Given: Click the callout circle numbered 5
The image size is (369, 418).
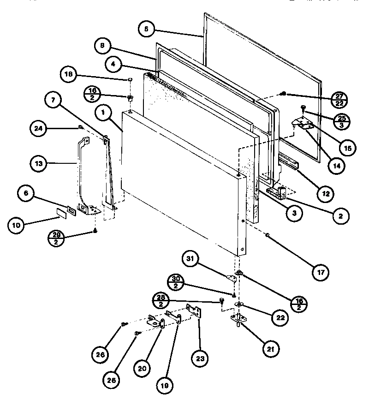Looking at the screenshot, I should tap(146, 29).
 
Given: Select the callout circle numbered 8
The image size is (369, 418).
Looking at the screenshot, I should tap(102, 45).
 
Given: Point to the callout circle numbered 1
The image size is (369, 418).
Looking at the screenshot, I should tap(104, 112).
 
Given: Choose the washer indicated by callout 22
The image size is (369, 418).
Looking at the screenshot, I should tap(239, 304).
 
